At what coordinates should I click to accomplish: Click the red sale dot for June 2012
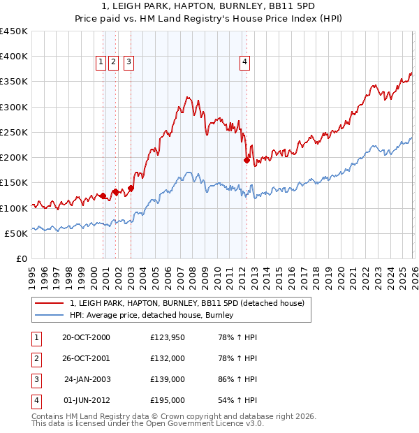(247, 160)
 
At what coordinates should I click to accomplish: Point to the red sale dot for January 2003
(131, 188)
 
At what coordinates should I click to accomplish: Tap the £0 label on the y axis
(21, 258)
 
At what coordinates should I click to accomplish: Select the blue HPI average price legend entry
(150, 316)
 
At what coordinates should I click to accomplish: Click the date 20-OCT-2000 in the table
(86, 338)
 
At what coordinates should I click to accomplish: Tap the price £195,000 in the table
(168, 400)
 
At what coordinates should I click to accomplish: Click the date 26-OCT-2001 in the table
(86, 359)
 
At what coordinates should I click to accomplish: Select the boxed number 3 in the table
(35, 379)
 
